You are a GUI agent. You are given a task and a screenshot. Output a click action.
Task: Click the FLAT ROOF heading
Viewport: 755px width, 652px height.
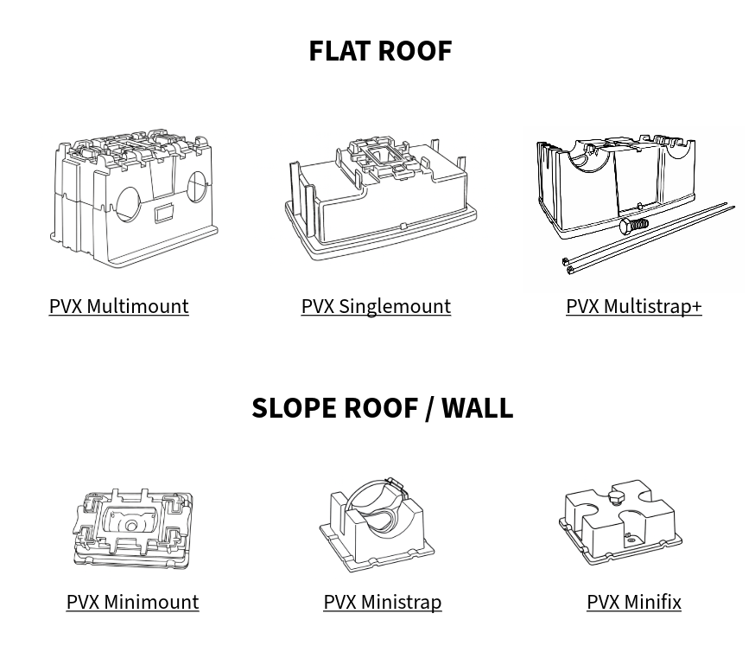point(380,50)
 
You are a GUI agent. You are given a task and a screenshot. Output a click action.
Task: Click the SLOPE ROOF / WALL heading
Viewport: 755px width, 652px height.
point(382,407)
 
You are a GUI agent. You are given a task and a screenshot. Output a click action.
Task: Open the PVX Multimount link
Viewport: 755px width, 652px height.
point(118,306)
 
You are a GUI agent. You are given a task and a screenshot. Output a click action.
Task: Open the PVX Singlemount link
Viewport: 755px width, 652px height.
point(376,306)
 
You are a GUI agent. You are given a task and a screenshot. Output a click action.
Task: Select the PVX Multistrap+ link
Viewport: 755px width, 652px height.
point(633,306)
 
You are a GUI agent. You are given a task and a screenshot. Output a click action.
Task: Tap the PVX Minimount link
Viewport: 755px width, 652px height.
point(132,602)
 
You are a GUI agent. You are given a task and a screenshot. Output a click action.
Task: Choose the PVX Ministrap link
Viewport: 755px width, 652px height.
point(382,602)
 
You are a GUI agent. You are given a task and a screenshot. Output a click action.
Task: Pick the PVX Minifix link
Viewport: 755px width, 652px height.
point(633,602)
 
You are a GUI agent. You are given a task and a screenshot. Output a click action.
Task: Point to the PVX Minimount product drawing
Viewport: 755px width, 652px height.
point(132,527)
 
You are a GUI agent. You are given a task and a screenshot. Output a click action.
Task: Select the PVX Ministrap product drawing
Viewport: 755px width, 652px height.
point(377,524)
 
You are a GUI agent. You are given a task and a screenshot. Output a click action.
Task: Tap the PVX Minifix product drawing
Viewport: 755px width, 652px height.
point(620,521)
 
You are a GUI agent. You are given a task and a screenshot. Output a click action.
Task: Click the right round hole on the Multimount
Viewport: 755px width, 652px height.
point(196,186)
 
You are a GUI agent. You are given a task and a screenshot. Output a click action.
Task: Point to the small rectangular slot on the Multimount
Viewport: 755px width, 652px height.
point(163,214)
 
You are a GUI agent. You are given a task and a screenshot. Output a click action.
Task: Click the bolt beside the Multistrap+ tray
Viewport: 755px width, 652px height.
point(633,226)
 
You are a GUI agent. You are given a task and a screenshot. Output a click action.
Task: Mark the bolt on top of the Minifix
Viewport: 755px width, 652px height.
point(615,499)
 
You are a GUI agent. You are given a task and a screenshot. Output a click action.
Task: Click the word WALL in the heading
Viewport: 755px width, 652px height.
point(477,407)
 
